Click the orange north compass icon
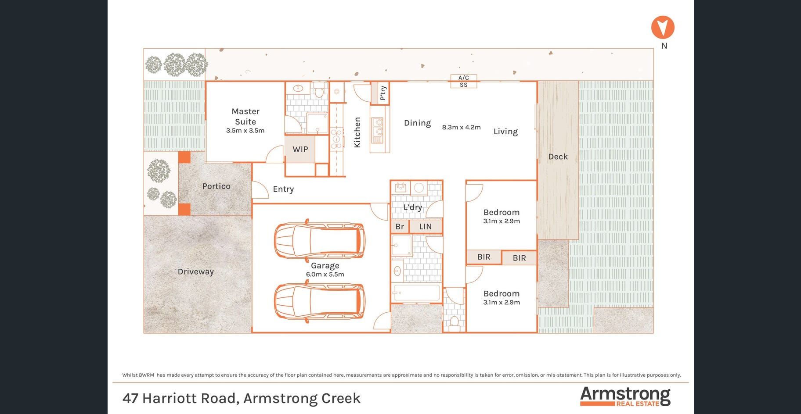[x=663, y=27]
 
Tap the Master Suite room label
[x=245, y=117]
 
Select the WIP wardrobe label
[x=300, y=149]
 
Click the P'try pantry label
[x=382, y=93]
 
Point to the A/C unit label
[x=464, y=78]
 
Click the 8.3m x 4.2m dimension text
[x=461, y=127]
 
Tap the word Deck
[x=558, y=157]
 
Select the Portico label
[x=216, y=186]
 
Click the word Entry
[x=283, y=189]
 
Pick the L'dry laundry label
[x=413, y=207]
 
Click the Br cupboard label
[x=400, y=227]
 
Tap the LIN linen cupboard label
[x=426, y=227]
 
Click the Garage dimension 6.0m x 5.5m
[x=325, y=275]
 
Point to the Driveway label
[x=195, y=271]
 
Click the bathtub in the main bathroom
[x=416, y=293]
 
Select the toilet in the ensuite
[x=319, y=91]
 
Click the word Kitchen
[x=357, y=132]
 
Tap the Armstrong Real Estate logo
[x=625, y=396]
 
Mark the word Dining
[x=417, y=123]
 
